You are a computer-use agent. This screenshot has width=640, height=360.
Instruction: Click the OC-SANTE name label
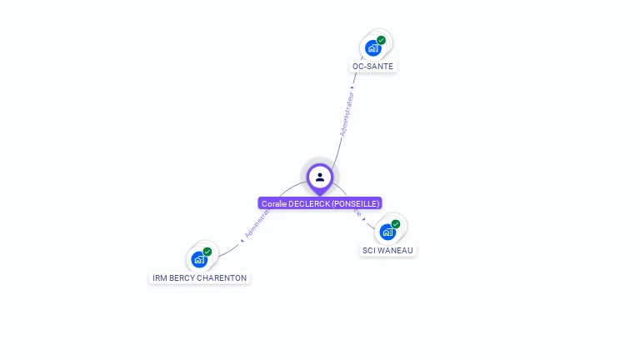[x=372, y=66]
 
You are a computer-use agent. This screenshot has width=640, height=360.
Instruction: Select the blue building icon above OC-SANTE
[x=372, y=48]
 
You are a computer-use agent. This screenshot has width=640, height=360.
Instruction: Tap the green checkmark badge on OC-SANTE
[x=382, y=40]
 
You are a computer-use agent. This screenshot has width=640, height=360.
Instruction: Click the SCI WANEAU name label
[x=387, y=250]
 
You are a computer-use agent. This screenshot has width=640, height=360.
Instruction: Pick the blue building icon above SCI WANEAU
[x=387, y=232]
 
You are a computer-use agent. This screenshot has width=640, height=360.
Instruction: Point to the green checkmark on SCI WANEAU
[x=396, y=223]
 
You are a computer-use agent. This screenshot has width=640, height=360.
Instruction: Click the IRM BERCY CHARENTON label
[x=199, y=277]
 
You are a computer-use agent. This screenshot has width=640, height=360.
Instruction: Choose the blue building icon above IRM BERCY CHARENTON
[x=198, y=259]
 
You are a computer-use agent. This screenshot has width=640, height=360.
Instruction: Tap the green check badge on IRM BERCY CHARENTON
[x=207, y=251]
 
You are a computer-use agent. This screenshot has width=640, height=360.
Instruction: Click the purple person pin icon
[x=320, y=177]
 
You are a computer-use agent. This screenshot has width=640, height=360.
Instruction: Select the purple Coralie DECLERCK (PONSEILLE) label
[x=320, y=203]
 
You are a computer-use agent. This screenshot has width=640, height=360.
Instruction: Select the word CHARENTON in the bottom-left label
[x=225, y=277]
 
